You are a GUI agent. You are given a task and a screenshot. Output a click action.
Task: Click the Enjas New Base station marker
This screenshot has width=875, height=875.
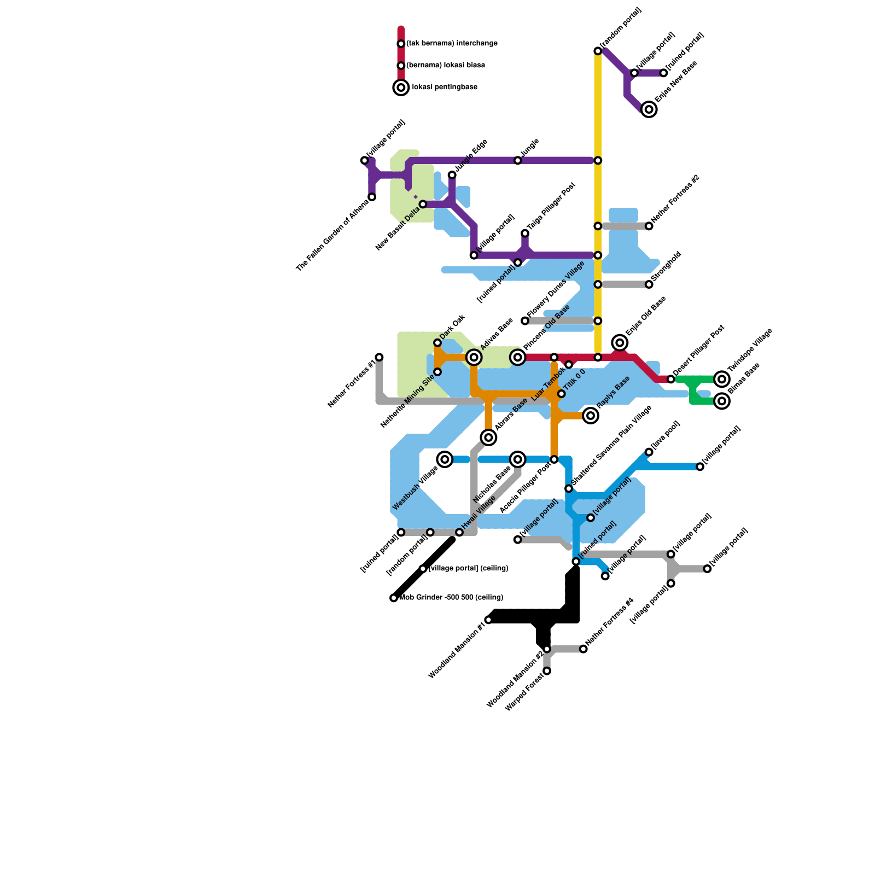[649, 109]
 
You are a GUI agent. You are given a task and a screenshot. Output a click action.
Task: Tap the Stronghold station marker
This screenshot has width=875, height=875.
[649, 284]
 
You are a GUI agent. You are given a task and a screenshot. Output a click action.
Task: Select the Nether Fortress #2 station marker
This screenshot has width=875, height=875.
[649, 226]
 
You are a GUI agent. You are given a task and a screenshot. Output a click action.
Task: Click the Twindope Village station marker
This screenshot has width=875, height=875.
[722, 379]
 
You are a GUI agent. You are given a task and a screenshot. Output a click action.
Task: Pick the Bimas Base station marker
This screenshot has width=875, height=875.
[722, 401]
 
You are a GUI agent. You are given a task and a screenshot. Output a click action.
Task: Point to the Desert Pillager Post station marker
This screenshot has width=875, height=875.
[671, 379]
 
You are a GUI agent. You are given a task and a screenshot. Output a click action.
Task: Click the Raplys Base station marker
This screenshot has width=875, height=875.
[591, 416]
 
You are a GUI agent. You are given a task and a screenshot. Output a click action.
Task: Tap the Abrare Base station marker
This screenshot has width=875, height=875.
[489, 437]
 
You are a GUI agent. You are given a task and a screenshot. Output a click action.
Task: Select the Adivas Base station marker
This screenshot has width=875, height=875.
[474, 358]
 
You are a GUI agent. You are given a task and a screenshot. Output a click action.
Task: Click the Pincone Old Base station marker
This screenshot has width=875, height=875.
[518, 358]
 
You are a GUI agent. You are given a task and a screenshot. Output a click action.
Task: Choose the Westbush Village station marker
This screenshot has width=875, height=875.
[445, 459]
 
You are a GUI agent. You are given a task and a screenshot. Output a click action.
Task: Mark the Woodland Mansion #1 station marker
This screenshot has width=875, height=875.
[489, 620]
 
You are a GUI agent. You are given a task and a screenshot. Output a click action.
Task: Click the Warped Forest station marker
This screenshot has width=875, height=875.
[547, 671]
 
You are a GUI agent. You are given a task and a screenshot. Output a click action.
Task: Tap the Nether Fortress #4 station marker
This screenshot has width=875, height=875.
[584, 649]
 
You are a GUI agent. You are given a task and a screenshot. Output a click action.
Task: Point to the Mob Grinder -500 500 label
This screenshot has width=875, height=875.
[451, 598]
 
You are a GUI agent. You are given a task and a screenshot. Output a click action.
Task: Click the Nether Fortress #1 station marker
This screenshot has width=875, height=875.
[380, 357]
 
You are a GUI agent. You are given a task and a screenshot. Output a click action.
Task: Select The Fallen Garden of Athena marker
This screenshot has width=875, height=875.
[372, 197]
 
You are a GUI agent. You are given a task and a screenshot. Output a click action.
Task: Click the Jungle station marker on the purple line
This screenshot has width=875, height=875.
[518, 160]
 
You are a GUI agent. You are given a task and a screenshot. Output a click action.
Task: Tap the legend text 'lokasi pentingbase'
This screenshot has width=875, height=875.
[445, 87]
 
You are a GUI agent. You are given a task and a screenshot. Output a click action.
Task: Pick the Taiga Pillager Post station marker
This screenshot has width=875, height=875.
[525, 234]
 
